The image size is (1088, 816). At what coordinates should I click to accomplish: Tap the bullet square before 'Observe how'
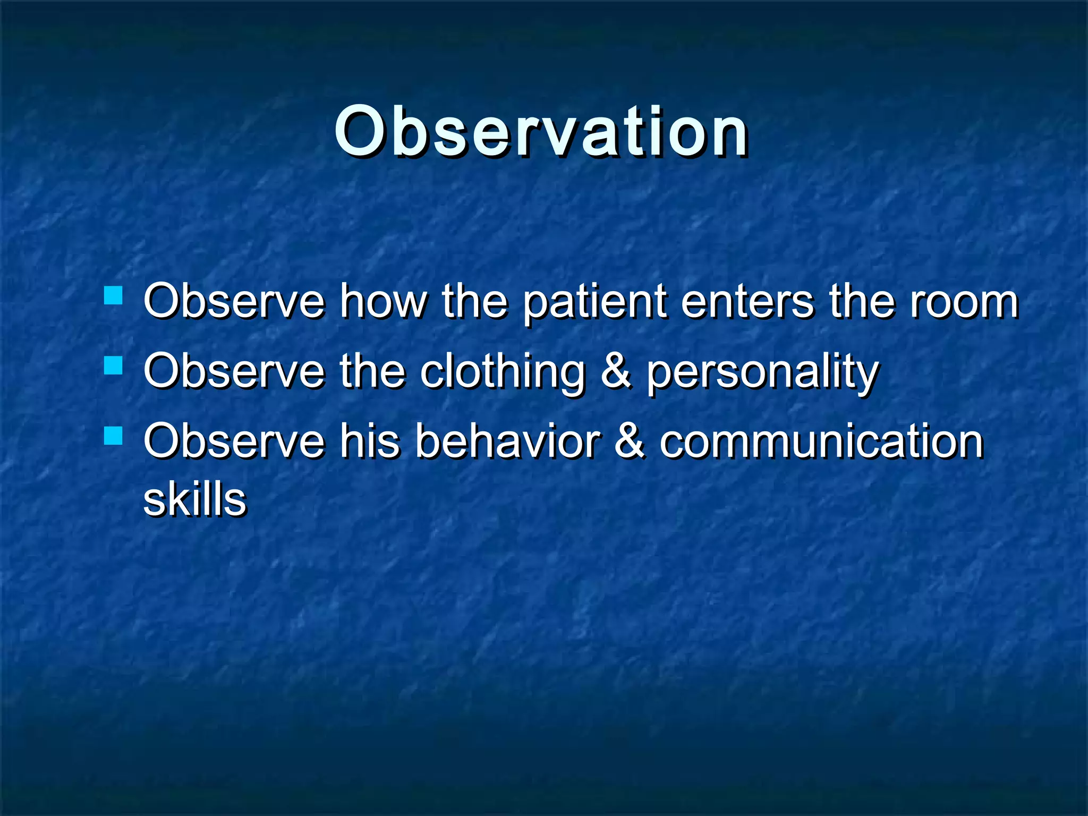pyautogui.click(x=113, y=295)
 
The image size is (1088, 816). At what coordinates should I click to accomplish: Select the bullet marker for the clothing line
pyautogui.click(x=113, y=365)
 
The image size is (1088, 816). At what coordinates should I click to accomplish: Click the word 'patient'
pyautogui.click(x=594, y=303)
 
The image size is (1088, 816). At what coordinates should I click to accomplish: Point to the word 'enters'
pyautogui.click(x=746, y=302)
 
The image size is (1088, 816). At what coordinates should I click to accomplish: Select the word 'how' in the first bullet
pyautogui.click(x=384, y=302)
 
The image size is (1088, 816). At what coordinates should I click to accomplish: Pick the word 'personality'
pyautogui.click(x=762, y=373)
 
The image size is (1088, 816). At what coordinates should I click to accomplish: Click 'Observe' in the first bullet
pyautogui.click(x=234, y=302)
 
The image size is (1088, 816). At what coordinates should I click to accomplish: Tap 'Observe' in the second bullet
pyautogui.click(x=234, y=372)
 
